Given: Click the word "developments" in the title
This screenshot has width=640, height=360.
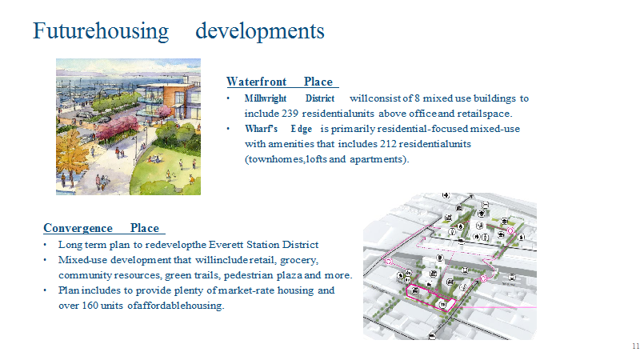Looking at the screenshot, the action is coord(259,31).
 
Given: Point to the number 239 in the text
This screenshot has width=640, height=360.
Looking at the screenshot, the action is coord(290,114).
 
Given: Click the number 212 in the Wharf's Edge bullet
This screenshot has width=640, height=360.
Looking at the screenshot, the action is coord(388,144).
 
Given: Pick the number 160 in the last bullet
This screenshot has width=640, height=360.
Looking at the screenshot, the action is coord(90,306).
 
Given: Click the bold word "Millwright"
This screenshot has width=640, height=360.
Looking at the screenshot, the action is coord(266,98).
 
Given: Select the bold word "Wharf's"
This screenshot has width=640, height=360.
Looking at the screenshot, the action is coord(262,129).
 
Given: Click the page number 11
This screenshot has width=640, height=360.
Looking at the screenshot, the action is coord(635,346).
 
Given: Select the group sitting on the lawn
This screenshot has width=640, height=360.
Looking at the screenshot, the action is coord(154,158).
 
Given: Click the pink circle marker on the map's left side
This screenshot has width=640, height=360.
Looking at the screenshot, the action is coord(389,262).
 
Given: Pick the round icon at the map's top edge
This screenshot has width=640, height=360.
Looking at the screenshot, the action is coord(446,195).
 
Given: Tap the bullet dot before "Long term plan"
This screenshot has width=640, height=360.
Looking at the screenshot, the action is coord(46,245).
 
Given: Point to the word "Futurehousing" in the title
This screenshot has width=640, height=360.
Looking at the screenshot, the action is coord(101,31).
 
